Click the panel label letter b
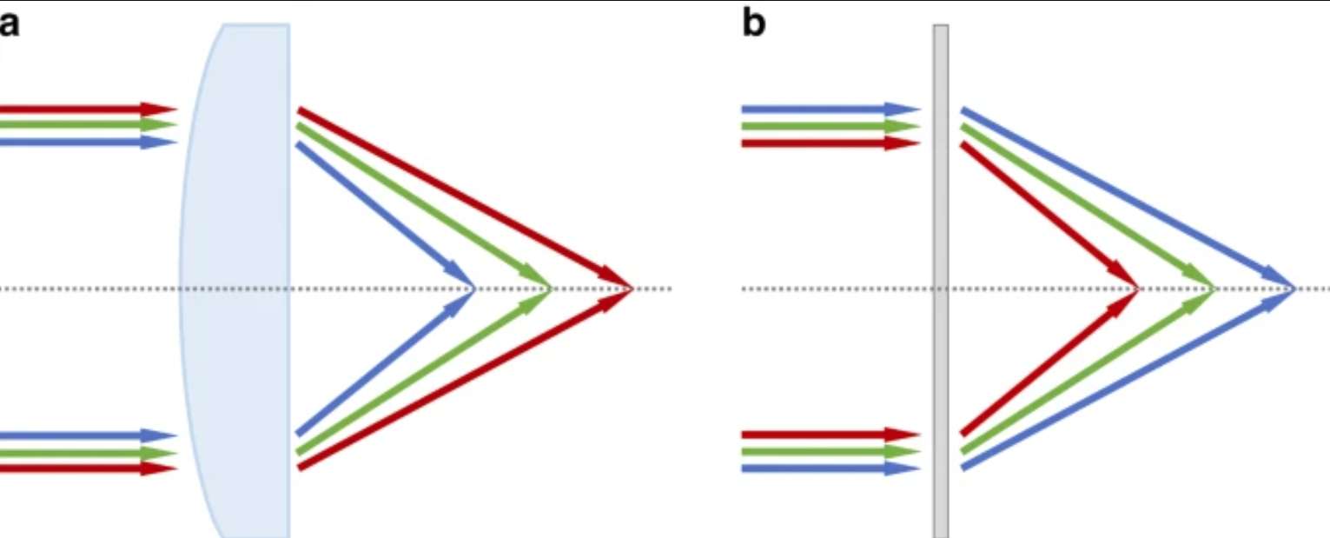(x=754, y=24)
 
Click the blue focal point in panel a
(x=474, y=289)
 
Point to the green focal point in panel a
(x=551, y=289)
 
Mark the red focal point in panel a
(x=632, y=289)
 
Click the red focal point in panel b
(x=1138, y=289)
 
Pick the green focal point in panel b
(x=1215, y=289)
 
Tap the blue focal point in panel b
(x=1294, y=289)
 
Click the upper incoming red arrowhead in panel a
(x=159, y=110)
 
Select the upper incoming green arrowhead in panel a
(x=159, y=125)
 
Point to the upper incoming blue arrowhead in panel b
(x=903, y=110)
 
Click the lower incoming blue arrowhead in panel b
(x=903, y=468)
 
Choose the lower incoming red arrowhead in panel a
(x=159, y=468)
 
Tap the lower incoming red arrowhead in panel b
(x=903, y=435)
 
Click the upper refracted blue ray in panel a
(x=386, y=216)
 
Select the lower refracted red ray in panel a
(x=464, y=379)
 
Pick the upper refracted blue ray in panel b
(x=1128, y=198)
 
